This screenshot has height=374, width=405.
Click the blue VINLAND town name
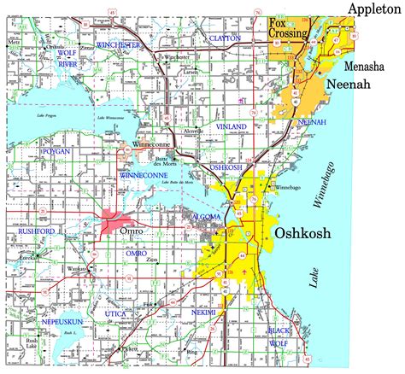[x=232, y=127]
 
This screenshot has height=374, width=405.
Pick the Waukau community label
[x=79, y=267]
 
